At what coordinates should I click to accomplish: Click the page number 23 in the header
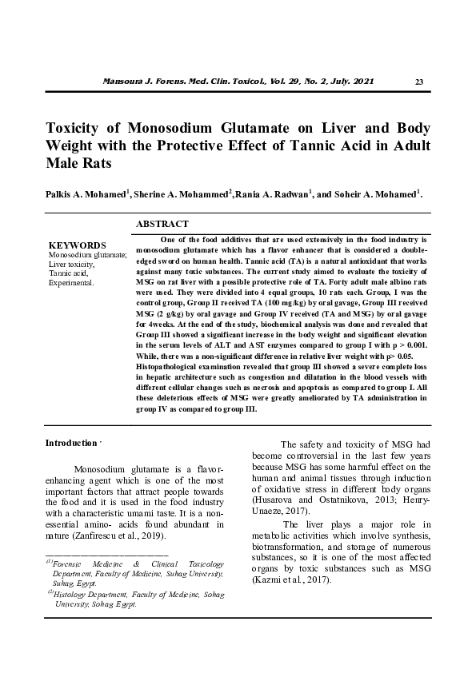[420, 83]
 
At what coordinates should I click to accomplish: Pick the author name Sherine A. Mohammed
[182, 194]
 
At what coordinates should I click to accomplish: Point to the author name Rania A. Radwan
[270, 194]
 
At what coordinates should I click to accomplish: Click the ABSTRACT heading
[162, 225]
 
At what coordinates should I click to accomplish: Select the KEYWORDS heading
[78, 245]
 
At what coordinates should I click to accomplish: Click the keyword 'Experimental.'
[72, 282]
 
